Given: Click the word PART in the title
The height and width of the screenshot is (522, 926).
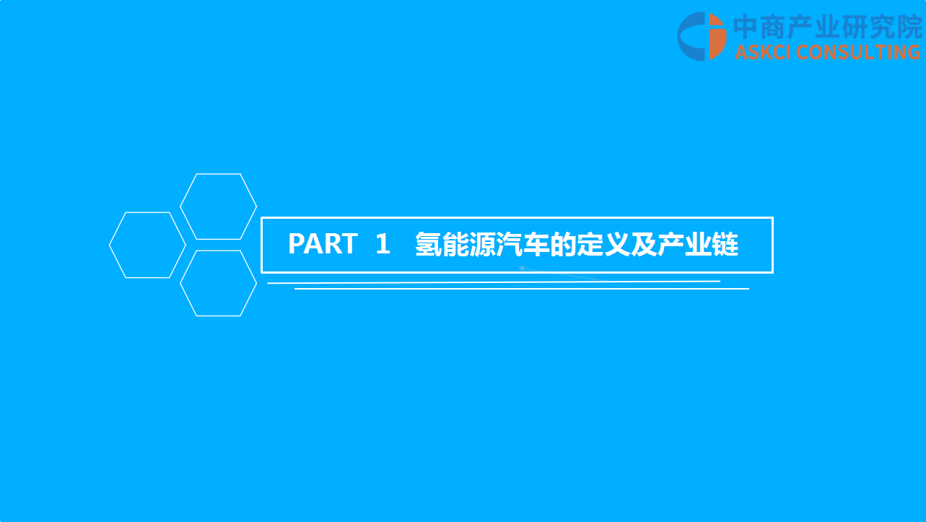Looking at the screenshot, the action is (323, 243).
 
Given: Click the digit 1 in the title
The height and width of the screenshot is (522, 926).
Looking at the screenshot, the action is (383, 243).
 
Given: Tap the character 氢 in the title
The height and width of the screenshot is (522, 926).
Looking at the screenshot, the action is (428, 244).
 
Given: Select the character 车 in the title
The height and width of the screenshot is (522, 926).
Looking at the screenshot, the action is (536, 244).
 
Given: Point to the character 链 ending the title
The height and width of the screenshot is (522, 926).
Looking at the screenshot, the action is (725, 244).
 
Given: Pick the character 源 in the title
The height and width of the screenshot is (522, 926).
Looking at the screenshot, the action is (482, 244).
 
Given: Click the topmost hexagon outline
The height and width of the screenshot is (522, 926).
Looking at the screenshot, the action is (180, 206).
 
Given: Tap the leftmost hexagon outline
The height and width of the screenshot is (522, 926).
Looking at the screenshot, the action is (109, 245).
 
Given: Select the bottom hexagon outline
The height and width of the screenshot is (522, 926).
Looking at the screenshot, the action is (180, 283).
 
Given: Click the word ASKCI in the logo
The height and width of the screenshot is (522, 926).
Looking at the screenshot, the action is (763, 53).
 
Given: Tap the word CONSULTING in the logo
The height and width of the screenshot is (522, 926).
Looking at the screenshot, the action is (858, 53).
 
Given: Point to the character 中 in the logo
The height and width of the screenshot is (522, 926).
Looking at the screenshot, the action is (746, 27).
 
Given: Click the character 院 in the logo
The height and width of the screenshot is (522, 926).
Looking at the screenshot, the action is (909, 27).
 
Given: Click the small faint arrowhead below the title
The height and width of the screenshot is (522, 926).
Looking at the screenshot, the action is (522, 269).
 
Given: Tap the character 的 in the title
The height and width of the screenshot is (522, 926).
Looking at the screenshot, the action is (563, 244).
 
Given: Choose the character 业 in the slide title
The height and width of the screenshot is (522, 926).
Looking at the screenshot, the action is (698, 244).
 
